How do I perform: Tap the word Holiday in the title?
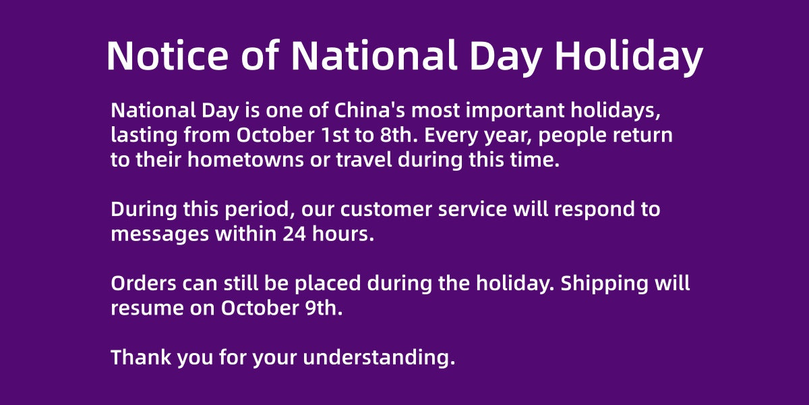pos(629,58)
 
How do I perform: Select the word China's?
pos(370,110)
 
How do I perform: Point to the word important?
pos(515,111)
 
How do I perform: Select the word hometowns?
pos(245,159)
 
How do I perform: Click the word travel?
pos(364,159)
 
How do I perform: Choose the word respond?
pos(595,210)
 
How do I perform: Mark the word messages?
pos(160,235)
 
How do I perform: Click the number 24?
pos(295,234)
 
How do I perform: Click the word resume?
pos(148,309)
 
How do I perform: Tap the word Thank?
pos(141,357)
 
